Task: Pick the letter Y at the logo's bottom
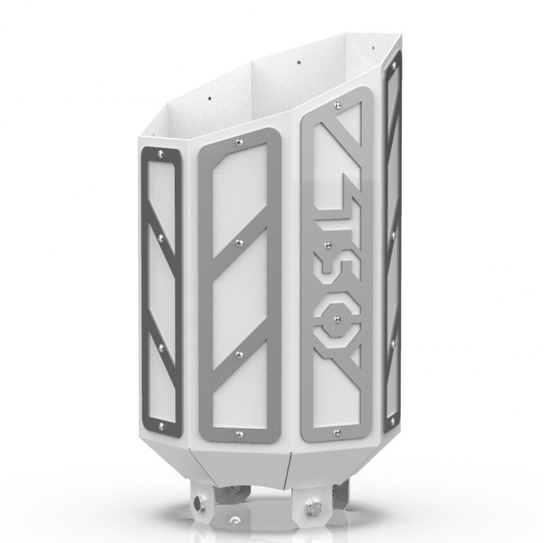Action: click(x=338, y=370)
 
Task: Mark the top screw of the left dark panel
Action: click(x=160, y=154)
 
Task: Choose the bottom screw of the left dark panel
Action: click(x=163, y=427)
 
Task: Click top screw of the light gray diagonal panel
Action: click(x=238, y=142)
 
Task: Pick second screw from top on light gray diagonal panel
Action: click(x=239, y=241)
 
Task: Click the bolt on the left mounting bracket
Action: click(x=199, y=502)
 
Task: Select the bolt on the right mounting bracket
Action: click(x=314, y=506)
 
